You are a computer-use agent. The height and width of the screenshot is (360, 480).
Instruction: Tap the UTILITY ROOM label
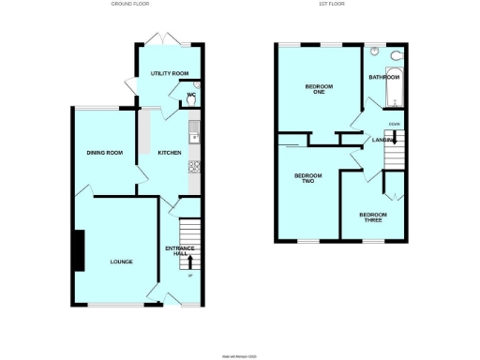[x=170, y=73]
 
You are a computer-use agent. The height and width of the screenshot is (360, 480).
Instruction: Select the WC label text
[x=190, y=95]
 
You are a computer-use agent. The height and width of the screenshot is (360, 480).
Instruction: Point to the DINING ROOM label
[x=105, y=153]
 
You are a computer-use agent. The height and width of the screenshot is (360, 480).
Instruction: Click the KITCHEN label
[x=169, y=153]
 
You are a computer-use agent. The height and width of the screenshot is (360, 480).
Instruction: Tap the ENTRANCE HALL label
[x=179, y=250]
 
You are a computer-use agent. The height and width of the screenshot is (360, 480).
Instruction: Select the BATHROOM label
[x=383, y=77]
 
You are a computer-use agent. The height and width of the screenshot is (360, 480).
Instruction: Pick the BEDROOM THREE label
[x=371, y=217]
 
